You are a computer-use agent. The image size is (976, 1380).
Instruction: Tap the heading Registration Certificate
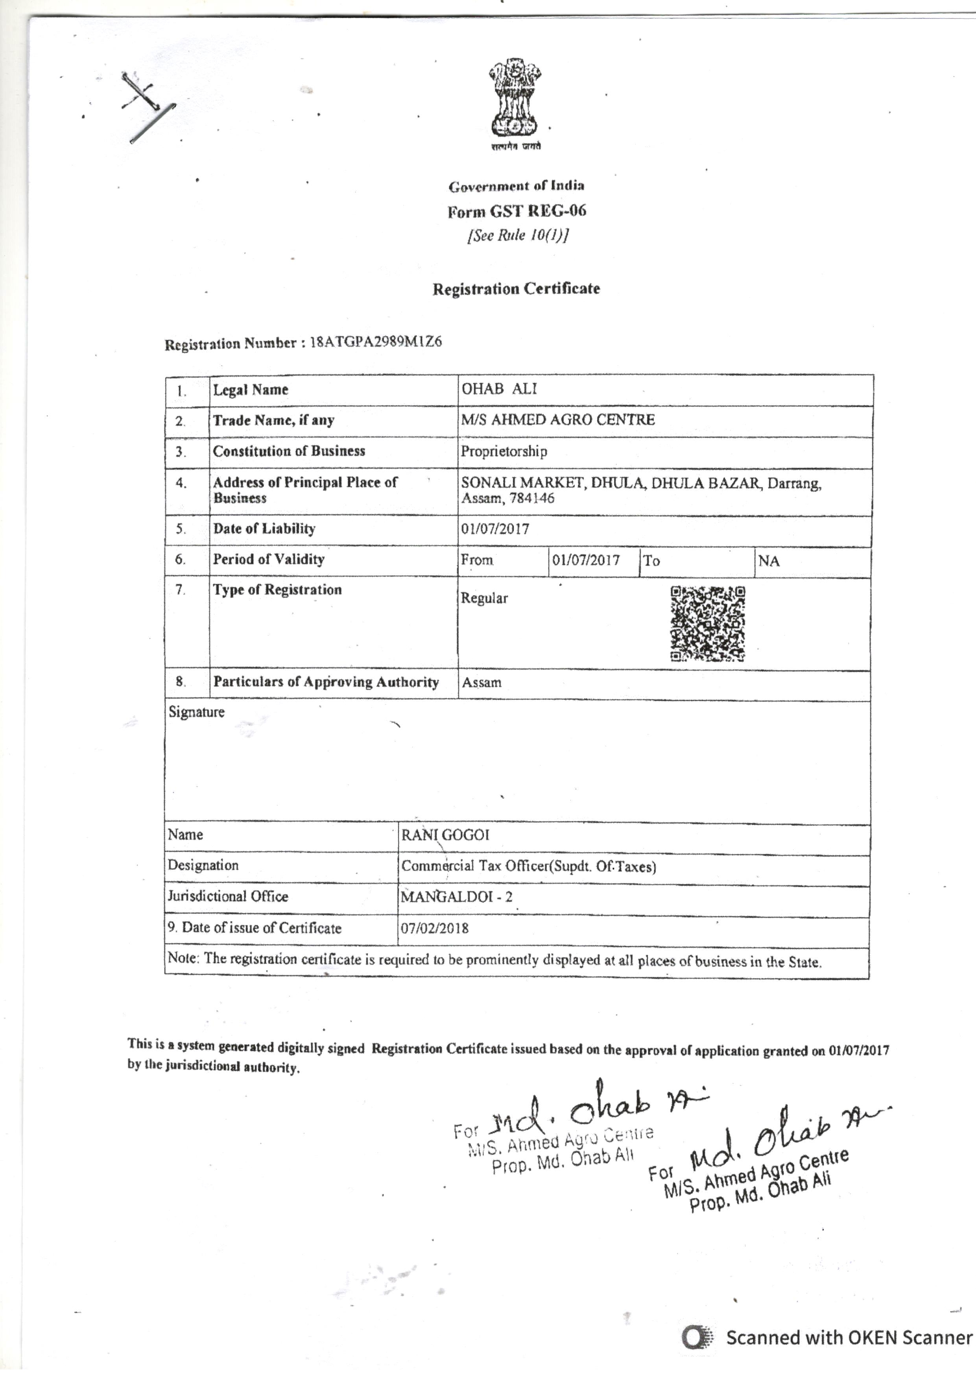pos(516,289)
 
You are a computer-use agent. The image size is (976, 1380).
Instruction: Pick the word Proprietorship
pos(504,451)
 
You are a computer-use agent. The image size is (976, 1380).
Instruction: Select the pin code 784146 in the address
pos(531,498)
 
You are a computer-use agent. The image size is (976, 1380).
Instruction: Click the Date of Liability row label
pos(264,529)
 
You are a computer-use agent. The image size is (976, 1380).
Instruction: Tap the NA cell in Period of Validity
pos(769,562)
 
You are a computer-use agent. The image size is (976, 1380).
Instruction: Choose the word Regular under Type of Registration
pos(484,598)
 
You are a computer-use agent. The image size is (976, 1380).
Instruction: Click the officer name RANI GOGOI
pos(445,835)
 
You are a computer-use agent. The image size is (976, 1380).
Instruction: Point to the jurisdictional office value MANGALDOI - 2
pos(457,897)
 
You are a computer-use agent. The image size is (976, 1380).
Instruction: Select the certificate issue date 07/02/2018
pos(435,928)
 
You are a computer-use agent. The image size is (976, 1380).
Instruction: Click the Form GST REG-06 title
pos(516,211)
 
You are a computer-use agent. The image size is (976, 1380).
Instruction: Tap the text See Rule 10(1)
pos(517,235)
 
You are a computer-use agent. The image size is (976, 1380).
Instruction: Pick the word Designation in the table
pos(203,866)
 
